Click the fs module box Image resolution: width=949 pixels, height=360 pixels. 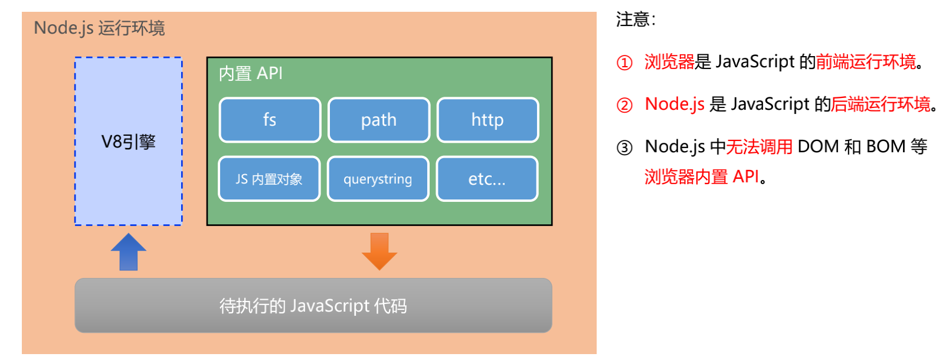click(270, 120)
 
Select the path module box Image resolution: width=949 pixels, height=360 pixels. click(378, 120)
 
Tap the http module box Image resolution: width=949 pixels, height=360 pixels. click(487, 120)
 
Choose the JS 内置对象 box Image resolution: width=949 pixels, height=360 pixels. click(269, 179)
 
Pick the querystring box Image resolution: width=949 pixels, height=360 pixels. click(378, 179)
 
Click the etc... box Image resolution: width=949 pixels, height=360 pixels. click(487, 179)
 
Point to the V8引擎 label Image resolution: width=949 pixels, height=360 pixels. click(129, 142)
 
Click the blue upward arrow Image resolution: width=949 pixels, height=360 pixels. click(129, 252)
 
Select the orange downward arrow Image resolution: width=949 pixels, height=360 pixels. click(379, 251)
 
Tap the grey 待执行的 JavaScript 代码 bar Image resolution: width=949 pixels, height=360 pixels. click(313, 306)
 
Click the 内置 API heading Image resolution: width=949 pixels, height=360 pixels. click(251, 73)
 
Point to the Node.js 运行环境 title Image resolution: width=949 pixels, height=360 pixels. click(99, 28)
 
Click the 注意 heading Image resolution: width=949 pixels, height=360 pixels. click(635, 19)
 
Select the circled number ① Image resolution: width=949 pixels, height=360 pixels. click(624, 63)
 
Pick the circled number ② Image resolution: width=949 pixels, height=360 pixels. click(624, 105)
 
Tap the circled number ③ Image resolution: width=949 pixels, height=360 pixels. click(624, 148)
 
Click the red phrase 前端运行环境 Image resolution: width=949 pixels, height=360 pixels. click(866, 61)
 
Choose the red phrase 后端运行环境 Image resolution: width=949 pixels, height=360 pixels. click(881, 104)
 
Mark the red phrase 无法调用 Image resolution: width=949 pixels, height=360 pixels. click(760, 146)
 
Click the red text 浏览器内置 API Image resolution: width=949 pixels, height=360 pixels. click(702, 176)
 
